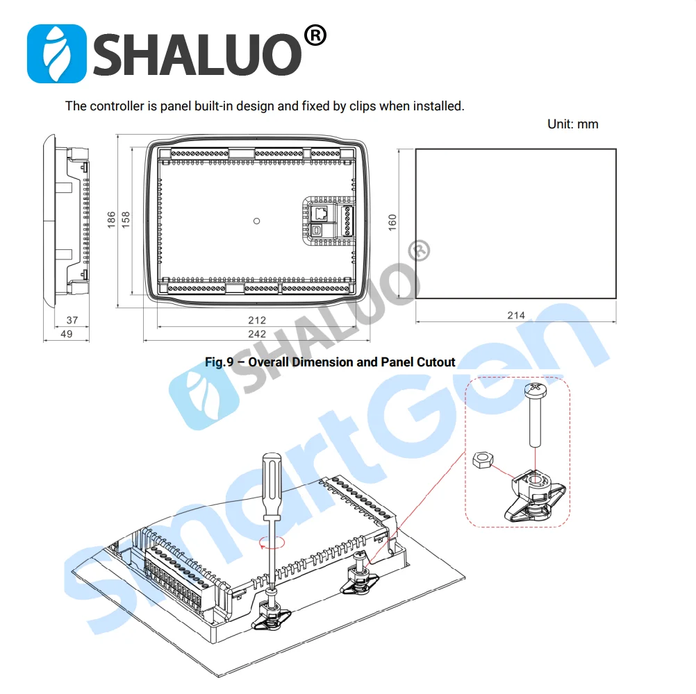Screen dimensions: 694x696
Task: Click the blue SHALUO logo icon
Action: pos(56,53)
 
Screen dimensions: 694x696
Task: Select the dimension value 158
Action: pos(126,220)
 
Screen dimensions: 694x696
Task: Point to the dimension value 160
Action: pos(392,222)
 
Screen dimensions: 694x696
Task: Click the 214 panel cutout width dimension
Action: pos(515,315)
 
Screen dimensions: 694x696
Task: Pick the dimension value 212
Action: pos(256,320)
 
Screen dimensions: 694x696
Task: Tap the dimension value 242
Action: pos(256,334)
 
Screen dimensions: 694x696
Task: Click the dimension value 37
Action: pos(72,320)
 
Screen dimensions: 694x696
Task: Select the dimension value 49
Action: pos(67,334)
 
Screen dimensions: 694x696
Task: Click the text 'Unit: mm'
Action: pos(572,124)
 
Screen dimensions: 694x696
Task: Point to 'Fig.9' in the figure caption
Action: pos(219,362)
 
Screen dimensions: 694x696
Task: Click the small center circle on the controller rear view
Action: pos(257,221)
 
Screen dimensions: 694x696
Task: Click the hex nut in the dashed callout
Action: pos(481,460)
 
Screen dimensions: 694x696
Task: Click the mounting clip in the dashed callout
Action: pos(535,494)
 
